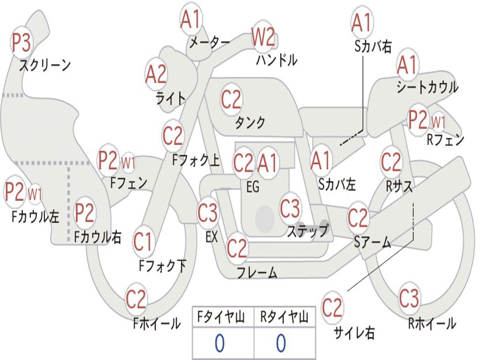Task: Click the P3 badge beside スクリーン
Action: click(21, 43)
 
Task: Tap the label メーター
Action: click(210, 42)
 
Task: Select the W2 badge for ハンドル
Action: click(262, 37)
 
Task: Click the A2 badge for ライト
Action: click(156, 75)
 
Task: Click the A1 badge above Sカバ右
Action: click(361, 22)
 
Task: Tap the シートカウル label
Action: click(427, 87)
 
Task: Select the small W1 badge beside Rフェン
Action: click(438, 123)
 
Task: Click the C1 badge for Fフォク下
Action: click(142, 242)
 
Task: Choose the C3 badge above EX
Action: click(208, 213)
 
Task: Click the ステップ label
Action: click(307, 231)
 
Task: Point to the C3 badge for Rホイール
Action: click(409, 298)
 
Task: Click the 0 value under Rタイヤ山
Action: click(281, 344)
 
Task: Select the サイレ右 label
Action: click(354, 333)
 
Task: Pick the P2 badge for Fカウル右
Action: click(85, 213)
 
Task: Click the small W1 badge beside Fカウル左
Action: click(35, 193)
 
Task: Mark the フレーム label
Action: click(257, 272)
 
